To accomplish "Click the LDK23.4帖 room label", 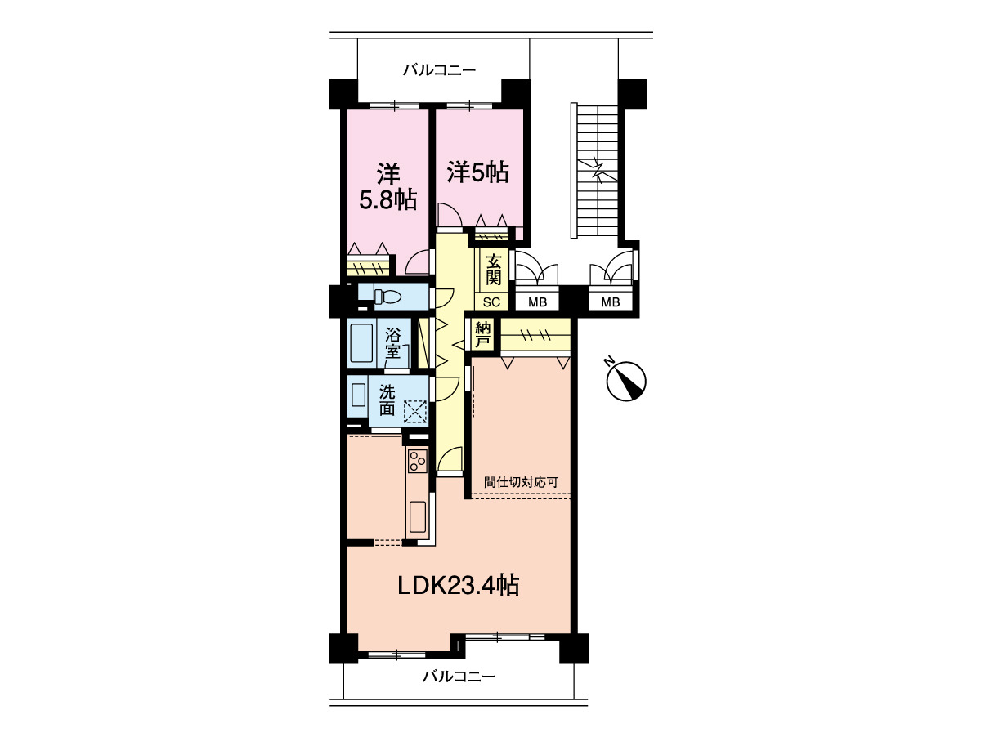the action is pyautogui.click(x=458, y=585).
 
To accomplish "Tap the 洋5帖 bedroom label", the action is pyautogui.click(x=477, y=172).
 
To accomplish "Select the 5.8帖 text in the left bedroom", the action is pyautogui.click(x=388, y=200).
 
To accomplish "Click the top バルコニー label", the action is pyautogui.click(x=439, y=70).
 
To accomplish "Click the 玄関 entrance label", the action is pyautogui.click(x=494, y=269).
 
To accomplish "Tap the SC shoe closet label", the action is pyautogui.click(x=491, y=302).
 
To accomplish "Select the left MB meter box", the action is pyautogui.click(x=537, y=302).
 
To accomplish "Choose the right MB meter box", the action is pyautogui.click(x=611, y=302).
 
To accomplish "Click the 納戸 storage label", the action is pyautogui.click(x=482, y=335).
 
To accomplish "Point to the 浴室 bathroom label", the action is pyautogui.click(x=393, y=342).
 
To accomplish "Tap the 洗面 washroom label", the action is pyautogui.click(x=387, y=400).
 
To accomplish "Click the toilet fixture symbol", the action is pyautogui.click(x=389, y=297).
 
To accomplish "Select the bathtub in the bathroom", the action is pyautogui.click(x=361, y=343).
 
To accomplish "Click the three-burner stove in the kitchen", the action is pyautogui.click(x=418, y=461).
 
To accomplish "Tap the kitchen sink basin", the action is pyautogui.click(x=418, y=516).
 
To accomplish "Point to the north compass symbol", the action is pyautogui.click(x=625, y=380).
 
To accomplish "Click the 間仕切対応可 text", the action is pyautogui.click(x=521, y=482).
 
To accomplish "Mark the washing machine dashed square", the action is pyautogui.click(x=415, y=411).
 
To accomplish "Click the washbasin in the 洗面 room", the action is pyautogui.click(x=358, y=395).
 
